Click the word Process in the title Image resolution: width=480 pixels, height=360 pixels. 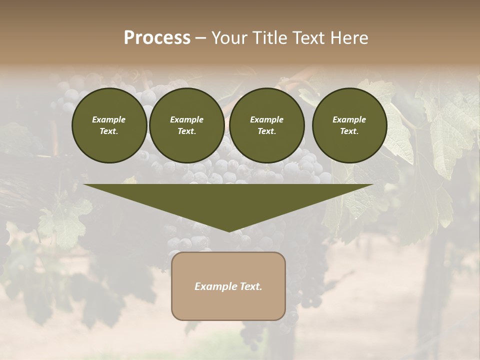157,38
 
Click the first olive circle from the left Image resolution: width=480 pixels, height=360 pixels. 109,125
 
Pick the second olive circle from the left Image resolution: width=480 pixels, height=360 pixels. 186,125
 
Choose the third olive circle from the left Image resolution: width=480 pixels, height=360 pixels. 266,125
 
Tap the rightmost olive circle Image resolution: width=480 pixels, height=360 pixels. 349,125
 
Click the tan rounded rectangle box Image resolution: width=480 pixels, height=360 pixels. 228,286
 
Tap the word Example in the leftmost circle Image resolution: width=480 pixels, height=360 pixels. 109,119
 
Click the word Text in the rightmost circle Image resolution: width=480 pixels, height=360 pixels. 349,131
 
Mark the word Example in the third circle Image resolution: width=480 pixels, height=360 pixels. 266,119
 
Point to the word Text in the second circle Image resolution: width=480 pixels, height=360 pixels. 186,131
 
